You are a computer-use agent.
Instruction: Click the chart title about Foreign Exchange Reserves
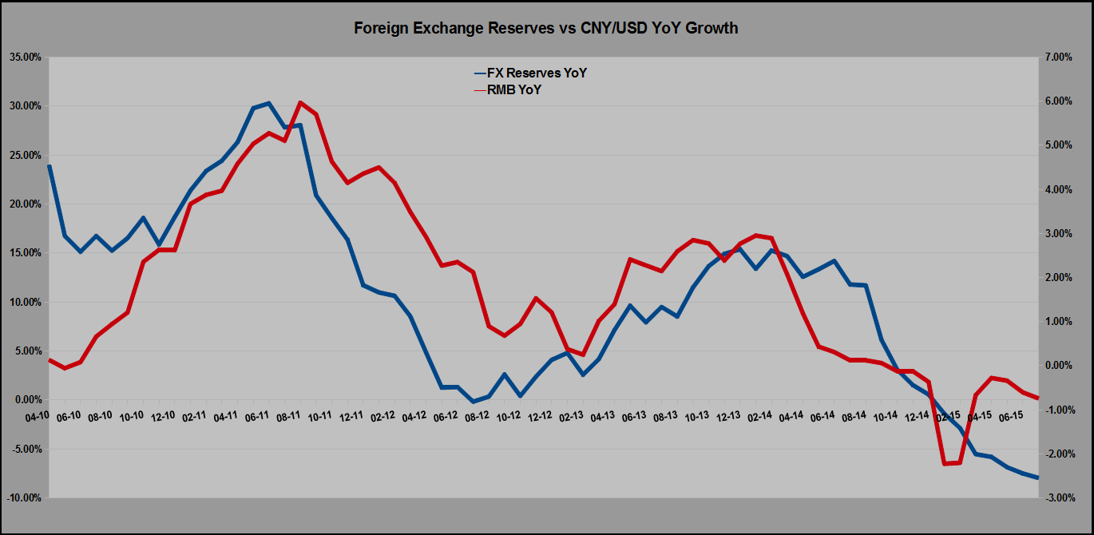pos(546,28)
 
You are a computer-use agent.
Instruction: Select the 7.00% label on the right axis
pos(1058,57)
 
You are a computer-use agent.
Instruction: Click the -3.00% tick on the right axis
pos(1058,498)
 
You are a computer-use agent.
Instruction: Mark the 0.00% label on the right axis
pos(1058,366)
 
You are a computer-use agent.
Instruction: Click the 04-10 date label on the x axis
pos(38,416)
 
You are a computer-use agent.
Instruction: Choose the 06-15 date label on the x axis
pos(1012,416)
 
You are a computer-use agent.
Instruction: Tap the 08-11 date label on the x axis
pos(288,416)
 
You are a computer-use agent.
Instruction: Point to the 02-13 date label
pos(570,416)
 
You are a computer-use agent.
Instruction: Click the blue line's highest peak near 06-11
pos(269,103)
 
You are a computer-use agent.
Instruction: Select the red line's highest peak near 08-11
pos(300,103)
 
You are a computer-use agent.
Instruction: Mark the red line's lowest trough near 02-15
pos(945,463)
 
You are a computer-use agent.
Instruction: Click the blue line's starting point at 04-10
pos(50,166)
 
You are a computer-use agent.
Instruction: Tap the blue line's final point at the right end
pos(1037,478)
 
